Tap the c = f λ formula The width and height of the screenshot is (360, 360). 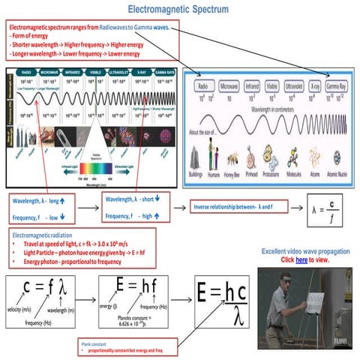point(44,287)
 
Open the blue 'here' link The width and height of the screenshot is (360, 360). point(301,259)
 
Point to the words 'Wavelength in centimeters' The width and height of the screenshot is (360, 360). point(269,111)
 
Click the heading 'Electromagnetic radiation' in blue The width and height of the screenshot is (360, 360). point(45,235)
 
